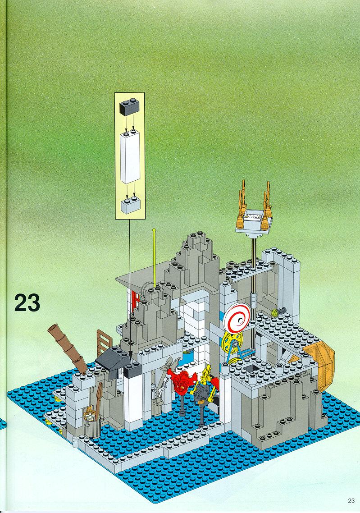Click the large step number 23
27,302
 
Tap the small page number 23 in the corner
351,500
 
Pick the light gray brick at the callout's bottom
130,205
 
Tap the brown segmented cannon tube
67,348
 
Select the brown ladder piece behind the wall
104,343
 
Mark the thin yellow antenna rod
154,258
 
